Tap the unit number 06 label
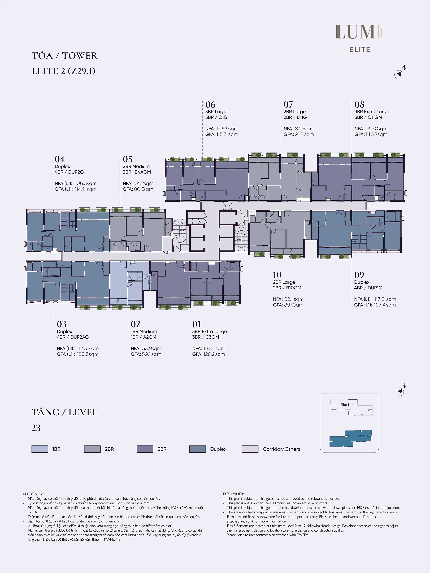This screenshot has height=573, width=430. [x=210, y=104]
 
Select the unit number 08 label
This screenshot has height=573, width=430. [x=359, y=104]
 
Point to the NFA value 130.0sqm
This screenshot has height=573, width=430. [x=376, y=129]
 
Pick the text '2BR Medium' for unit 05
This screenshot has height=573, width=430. [x=136, y=166]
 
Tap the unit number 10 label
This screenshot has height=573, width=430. [x=277, y=275]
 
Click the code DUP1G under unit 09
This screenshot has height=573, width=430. [x=375, y=288]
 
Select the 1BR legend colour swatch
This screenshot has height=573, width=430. [x=40, y=449]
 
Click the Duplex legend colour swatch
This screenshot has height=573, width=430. [x=198, y=449]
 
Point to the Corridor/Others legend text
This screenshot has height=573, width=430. [x=281, y=449]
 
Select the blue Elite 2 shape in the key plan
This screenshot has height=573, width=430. [x=350, y=439]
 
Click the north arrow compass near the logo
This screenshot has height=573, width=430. [x=399, y=74]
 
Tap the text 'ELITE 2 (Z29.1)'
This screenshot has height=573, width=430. [x=63, y=71]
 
